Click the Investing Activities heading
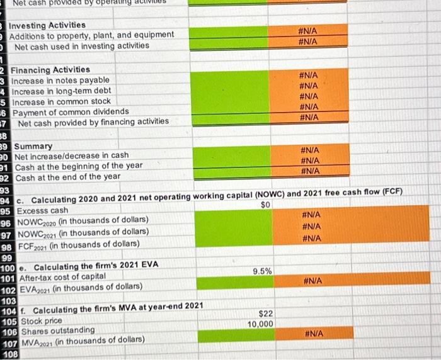click(47, 25)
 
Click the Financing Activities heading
click(51, 69)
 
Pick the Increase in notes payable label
click(60, 80)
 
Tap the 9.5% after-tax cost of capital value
click(262, 271)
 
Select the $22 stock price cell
click(265, 313)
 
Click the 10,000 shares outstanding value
click(260, 323)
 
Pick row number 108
click(9, 354)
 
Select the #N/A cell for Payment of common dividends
click(309, 107)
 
